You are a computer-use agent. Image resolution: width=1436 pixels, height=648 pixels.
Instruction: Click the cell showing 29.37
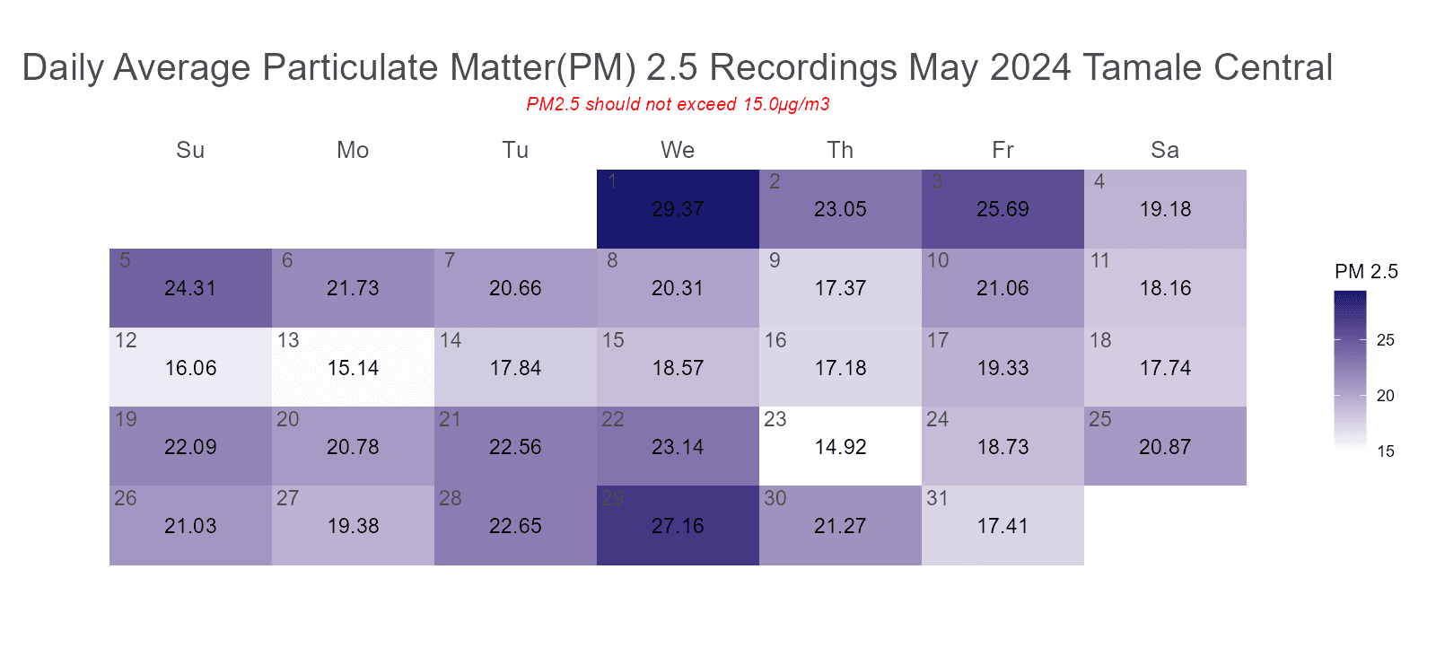click(678, 209)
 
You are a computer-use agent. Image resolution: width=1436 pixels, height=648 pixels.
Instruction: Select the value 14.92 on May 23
click(840, 447)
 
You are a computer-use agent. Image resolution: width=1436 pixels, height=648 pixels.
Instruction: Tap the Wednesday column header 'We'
click(678, 150)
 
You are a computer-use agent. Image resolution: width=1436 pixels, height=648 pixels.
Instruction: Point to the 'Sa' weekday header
click(1165, 150)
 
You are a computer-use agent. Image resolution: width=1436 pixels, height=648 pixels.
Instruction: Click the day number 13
click(288, 341)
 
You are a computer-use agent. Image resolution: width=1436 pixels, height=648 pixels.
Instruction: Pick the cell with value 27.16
click(678, 526)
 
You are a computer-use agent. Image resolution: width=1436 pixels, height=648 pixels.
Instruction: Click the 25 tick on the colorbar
click(1386, 340)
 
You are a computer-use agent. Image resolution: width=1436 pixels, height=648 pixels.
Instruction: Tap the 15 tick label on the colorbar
click(1386, 451)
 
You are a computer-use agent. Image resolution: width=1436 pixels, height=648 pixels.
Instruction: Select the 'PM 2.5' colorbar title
click(1366, 272)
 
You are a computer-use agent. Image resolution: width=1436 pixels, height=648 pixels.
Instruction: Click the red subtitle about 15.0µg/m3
click(678, 104)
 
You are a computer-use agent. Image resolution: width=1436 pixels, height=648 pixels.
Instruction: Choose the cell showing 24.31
click(190, 288)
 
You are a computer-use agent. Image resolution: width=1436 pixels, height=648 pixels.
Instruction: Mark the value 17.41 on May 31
click(1003, 526)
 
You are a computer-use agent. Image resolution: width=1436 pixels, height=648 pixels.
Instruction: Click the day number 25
click(1100, 420)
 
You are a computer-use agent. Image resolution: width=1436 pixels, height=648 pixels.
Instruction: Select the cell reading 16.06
click(190, 368)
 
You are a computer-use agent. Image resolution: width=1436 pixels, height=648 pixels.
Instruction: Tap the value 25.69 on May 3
click(1003, 209)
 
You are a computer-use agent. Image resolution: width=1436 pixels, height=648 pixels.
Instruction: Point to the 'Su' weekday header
click(190, 150)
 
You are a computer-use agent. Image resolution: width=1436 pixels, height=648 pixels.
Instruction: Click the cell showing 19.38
click(353, 526)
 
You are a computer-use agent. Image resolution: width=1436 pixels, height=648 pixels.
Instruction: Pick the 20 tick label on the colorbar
click(1386, 396)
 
